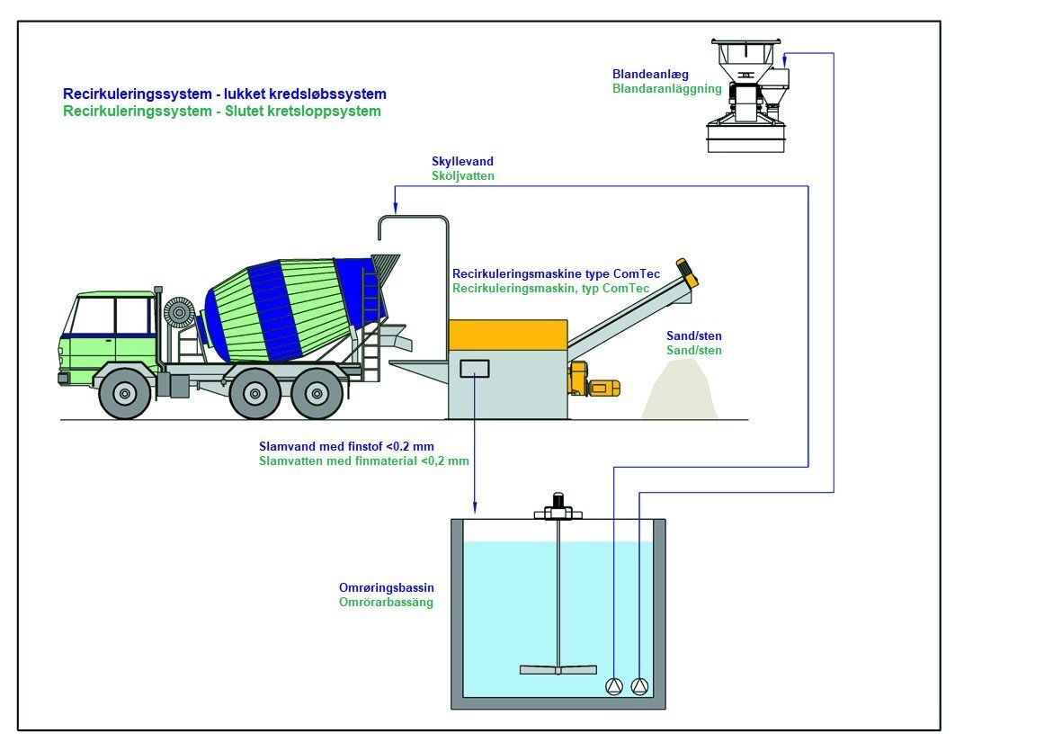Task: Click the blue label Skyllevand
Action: point(462,162)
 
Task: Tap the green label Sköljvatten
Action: point(463,176)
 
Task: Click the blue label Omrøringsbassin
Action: point(386,587)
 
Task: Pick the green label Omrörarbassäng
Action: point(386,602)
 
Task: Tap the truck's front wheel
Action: point(124,393)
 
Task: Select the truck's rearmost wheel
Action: point(317,393)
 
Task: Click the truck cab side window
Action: point(133,316)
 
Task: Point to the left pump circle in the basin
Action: point(614,686)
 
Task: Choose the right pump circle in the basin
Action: point(639,686)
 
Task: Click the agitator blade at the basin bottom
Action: point(558,669)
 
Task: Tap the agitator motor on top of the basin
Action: point(558,505)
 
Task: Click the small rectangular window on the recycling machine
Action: point(474,367)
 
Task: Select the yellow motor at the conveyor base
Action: point(597,387)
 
